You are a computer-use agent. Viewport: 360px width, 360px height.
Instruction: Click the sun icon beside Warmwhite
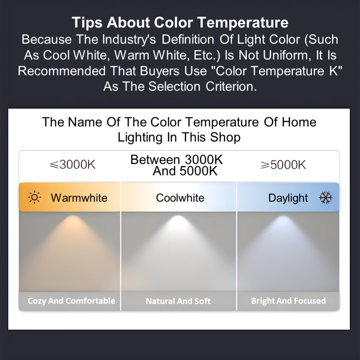[x=34, y=197]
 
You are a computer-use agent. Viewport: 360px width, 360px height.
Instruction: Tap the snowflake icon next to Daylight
[x=326, y=198]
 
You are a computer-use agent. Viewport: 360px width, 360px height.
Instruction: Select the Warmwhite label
[x=79, y=198]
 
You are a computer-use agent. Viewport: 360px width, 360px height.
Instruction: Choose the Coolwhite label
[x=180, y=198]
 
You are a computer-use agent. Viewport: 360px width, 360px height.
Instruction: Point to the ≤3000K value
[x=72, y=165]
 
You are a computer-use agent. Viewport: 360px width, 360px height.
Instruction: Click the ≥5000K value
[x=283, y=165]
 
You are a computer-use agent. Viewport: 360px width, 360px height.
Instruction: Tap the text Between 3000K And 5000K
[x=176, y=165]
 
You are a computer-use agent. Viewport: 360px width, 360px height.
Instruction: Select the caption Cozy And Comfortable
[x=71, y=301]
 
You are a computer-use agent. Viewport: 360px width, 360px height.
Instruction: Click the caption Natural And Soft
[x=178, y=301]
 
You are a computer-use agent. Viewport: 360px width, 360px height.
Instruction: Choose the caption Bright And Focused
[x=288, y=301]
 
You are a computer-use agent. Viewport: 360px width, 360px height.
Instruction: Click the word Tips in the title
[x=87, y=22]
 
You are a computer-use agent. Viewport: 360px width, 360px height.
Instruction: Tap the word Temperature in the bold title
[x=243, y=22]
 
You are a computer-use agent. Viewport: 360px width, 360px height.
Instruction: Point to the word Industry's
[x=129, y=39]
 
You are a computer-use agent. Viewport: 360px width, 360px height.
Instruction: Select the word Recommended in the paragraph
[x=62, y=71]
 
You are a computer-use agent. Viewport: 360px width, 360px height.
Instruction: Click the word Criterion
[x=231, y=86]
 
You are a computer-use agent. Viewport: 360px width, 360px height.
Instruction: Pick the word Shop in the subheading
[x=225, y=137]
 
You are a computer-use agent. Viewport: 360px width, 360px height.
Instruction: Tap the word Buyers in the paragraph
[x=160, y=71]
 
